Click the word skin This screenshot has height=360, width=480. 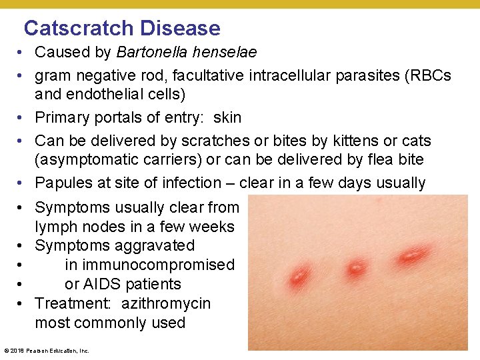[x=227, y=117]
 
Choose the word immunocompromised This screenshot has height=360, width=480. [x=150, y=265]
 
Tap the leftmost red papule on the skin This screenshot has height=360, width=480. [x=299, y=274]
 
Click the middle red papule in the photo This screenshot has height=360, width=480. [x=356, y=268]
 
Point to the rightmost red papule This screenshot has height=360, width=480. [x=413, y=254]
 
